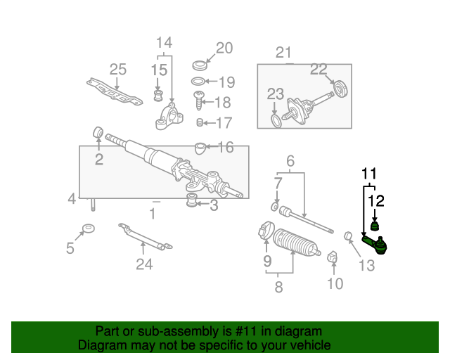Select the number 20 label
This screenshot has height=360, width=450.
(x=224, y=48)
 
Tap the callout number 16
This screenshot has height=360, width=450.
(x=225, y=147)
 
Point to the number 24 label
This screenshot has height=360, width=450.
(x=143, y=264)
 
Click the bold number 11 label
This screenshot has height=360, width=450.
(x=370, y=172)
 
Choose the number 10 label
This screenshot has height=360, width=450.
(x=335, y=283)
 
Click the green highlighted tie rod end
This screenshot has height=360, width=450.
(x=375, y=245)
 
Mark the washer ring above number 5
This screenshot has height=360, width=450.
(x=89, y=229)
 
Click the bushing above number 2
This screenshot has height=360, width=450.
(x=99, y=131)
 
